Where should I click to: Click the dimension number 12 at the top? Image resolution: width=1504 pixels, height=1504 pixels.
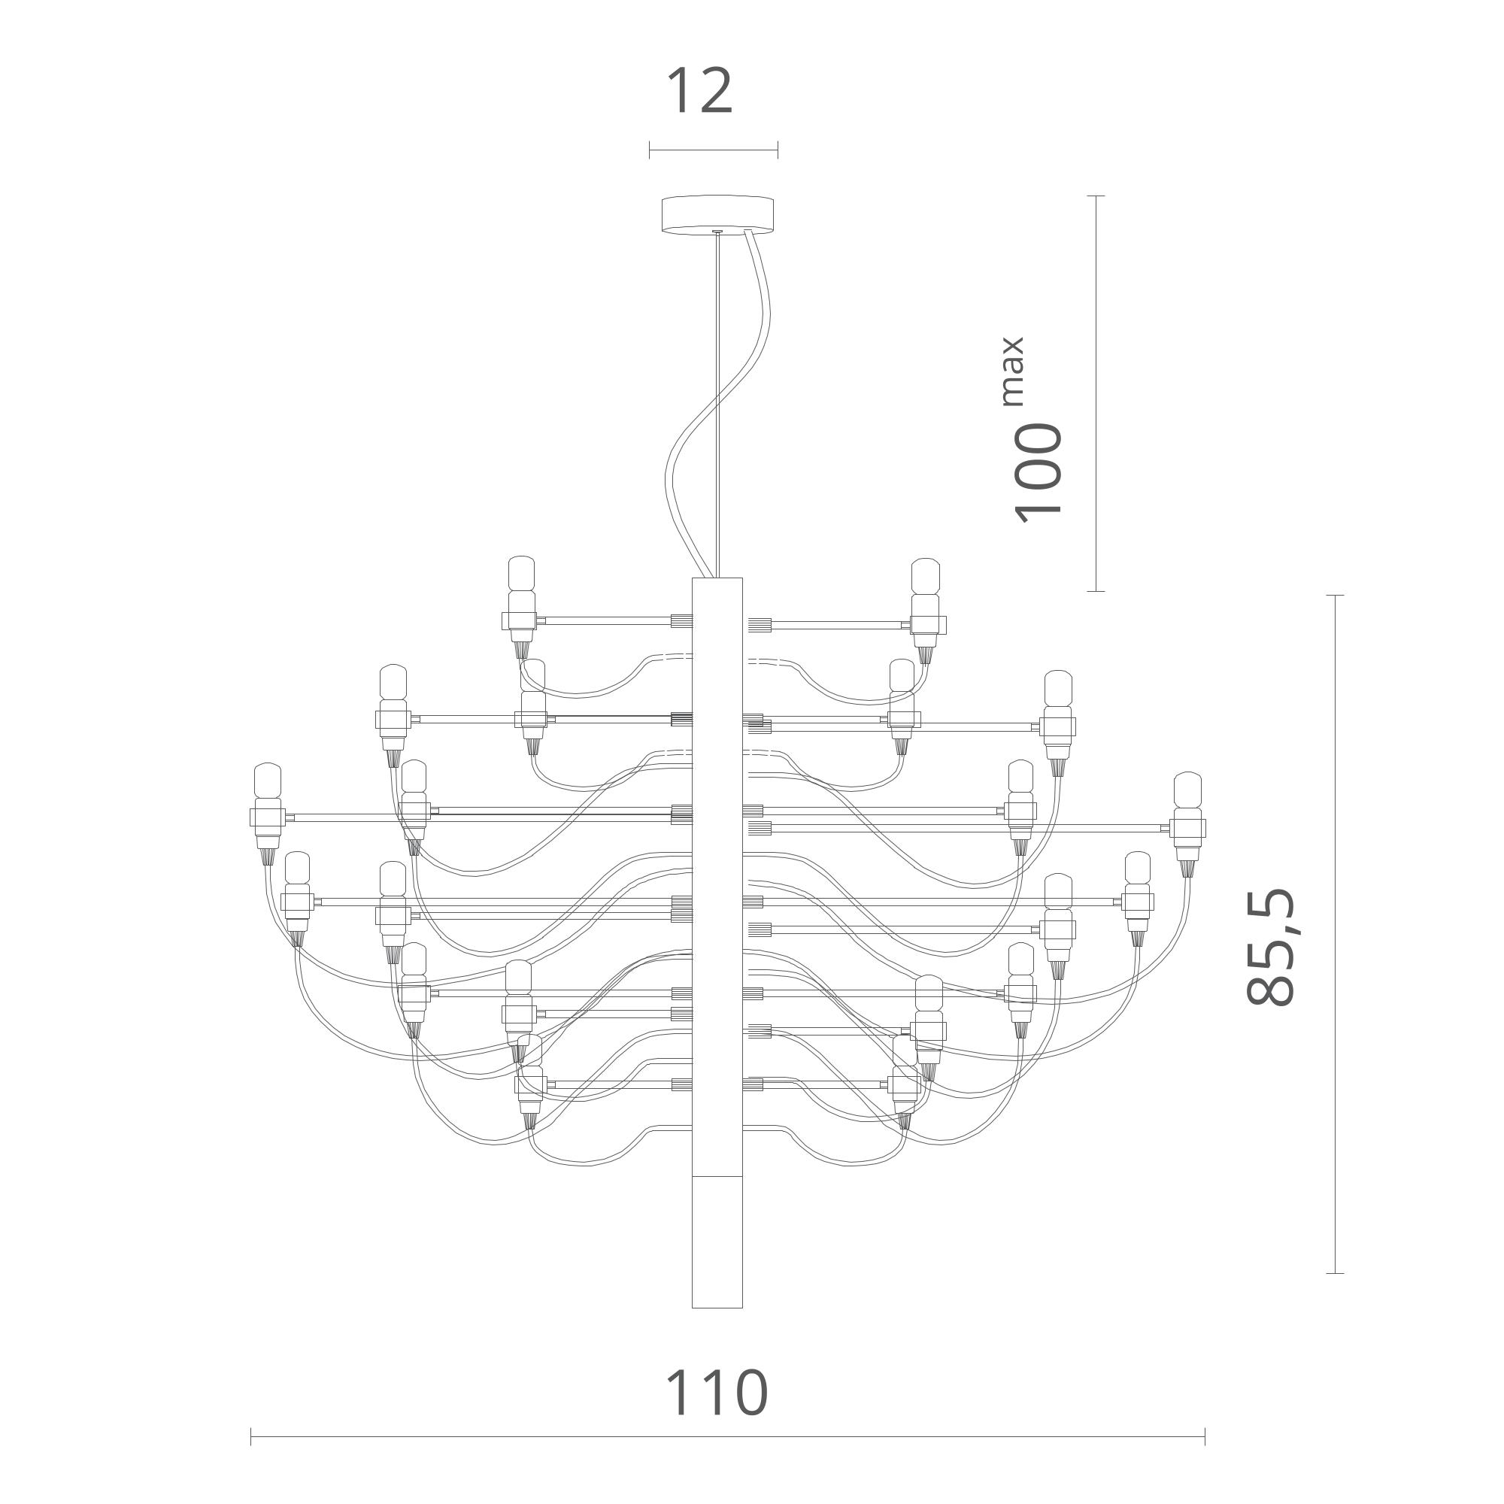click(700, 91)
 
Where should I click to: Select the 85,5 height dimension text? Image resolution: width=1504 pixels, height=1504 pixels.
click(1270, 946)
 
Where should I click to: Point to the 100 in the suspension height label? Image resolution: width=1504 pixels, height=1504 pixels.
click(1038, 472)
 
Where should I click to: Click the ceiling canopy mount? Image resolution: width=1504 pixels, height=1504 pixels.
click(717, 214)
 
